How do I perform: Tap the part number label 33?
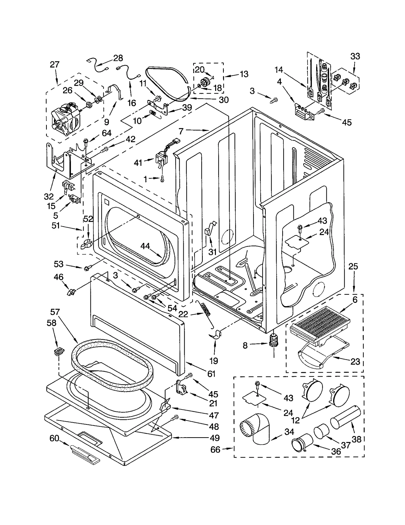[355, 56]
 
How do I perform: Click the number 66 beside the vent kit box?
[215, 450]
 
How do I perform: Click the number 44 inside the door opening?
[145, 246]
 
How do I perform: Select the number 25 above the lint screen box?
[353, 266]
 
